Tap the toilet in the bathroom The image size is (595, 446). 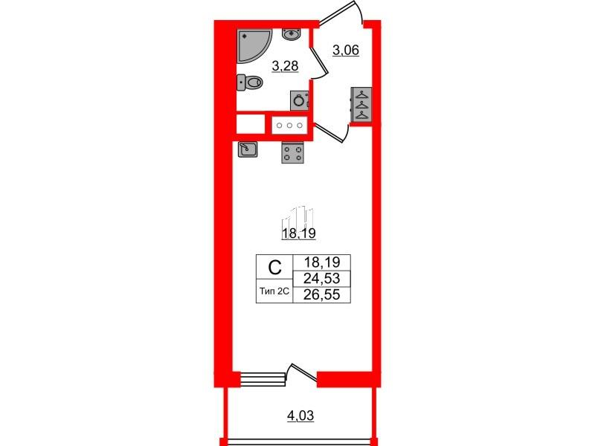(x=249, y=83)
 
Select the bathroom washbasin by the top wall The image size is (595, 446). (x=291, y=33)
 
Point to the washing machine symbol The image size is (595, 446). (x=299, y=100)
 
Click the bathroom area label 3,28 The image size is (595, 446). (x=286, y=66)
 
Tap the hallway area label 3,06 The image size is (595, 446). (x=346, y=50)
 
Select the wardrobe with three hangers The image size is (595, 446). (x=361, y=105)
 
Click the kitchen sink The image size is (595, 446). (x=248, y=149)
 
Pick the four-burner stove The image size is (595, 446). (x=292, y=152)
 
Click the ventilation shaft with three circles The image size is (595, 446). (x=289, y=125)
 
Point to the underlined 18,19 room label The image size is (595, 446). (x=299, y=233)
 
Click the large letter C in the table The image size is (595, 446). (x=274, y=268)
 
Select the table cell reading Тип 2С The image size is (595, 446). (x=274, y=291)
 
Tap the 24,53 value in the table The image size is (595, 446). (x=322, y=279)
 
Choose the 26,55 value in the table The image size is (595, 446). (x=322, y=294)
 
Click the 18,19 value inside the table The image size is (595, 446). (x=322, y=262)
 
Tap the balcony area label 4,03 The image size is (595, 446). (x=300, y=416)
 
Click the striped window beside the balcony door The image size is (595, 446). (x=263, y=379)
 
